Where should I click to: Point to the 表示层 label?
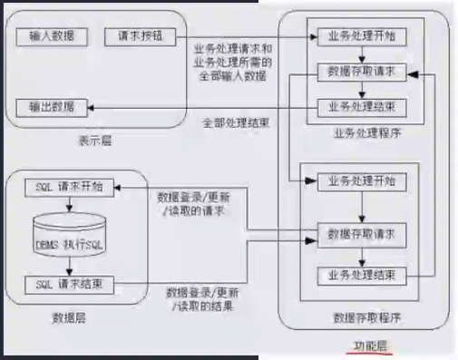click(x=94, y=141)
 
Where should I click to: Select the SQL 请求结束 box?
click(x=69, y=284)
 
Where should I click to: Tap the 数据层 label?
click(x=69, y=317)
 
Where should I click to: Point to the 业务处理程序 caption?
click(x=366, y=134)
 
